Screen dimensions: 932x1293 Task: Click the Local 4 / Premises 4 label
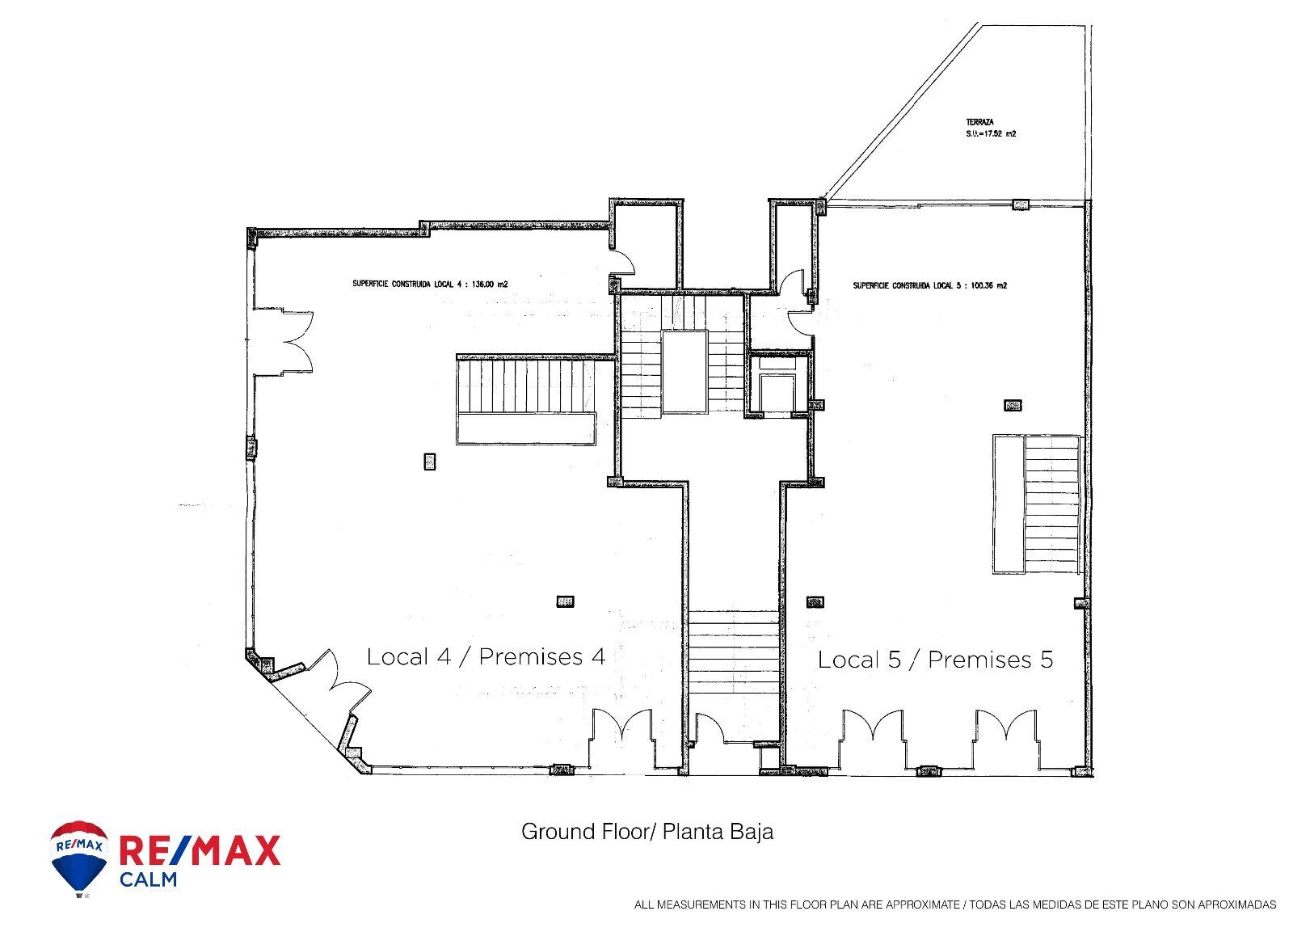tap(486, 656)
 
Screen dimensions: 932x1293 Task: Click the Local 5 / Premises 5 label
tap(935, 659)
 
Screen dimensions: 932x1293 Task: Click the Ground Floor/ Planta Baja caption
tap(646, 831)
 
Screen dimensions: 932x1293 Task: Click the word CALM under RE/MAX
tap(148, 879)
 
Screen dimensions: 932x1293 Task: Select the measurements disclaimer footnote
tap(954, 905)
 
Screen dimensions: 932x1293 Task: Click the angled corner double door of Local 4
tap(333, 685)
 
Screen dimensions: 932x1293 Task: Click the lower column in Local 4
tap(565, 601)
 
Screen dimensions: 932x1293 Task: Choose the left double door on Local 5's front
tap(873, 732)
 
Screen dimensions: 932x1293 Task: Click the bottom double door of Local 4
tap(622, 732)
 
